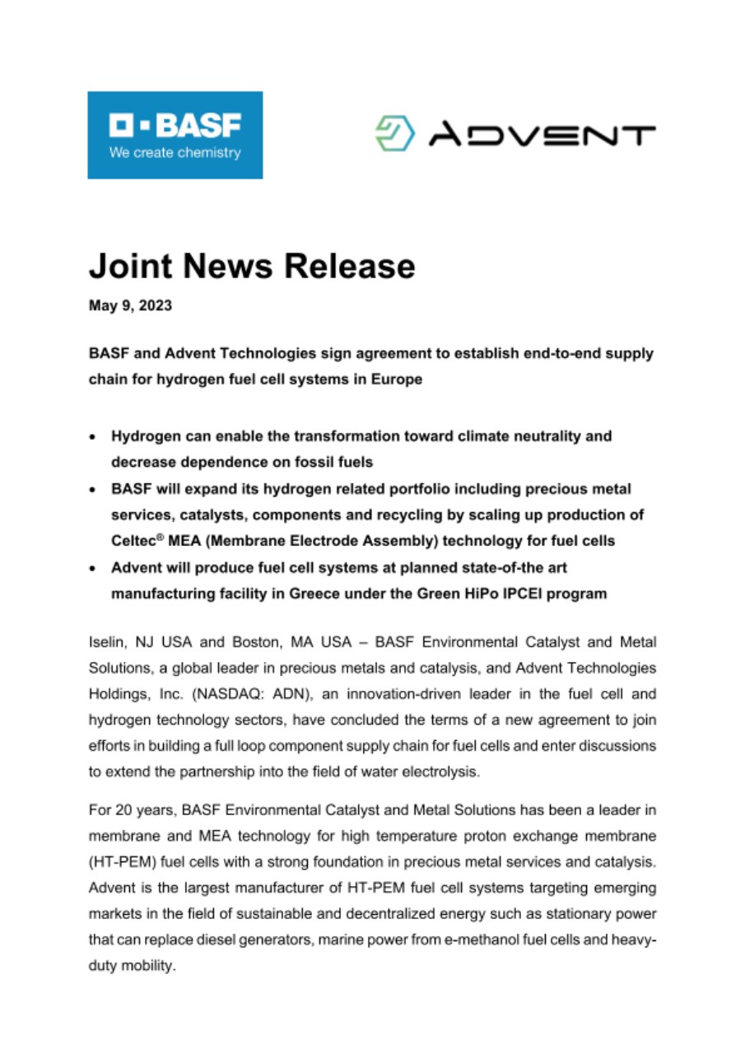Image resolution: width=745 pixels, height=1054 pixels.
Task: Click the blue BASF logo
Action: [x=175, y=134]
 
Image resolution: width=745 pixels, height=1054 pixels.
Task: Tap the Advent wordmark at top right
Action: [x=542, y=134]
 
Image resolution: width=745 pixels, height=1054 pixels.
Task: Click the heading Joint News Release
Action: [x=251, y=266]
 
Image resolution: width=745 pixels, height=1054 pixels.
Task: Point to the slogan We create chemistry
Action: [x=175, y=152]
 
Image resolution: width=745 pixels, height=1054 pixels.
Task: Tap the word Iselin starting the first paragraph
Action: [x=105, y=641]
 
